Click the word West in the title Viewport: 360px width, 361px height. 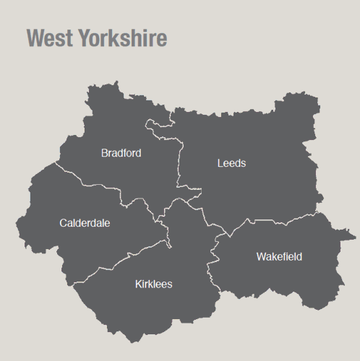tap(48, 38)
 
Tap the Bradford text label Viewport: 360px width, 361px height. tap(121, 153)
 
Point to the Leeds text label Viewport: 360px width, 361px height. tap(231, 163)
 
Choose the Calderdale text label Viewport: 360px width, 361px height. tap(85, 223)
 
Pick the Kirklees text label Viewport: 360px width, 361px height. tap(153, 284)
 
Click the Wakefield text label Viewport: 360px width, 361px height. tap(279, 257)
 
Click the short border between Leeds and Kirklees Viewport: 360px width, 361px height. tap(210, 220)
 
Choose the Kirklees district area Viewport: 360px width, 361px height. tap(173, 310)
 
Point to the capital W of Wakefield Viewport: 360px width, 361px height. tap(261, 257)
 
